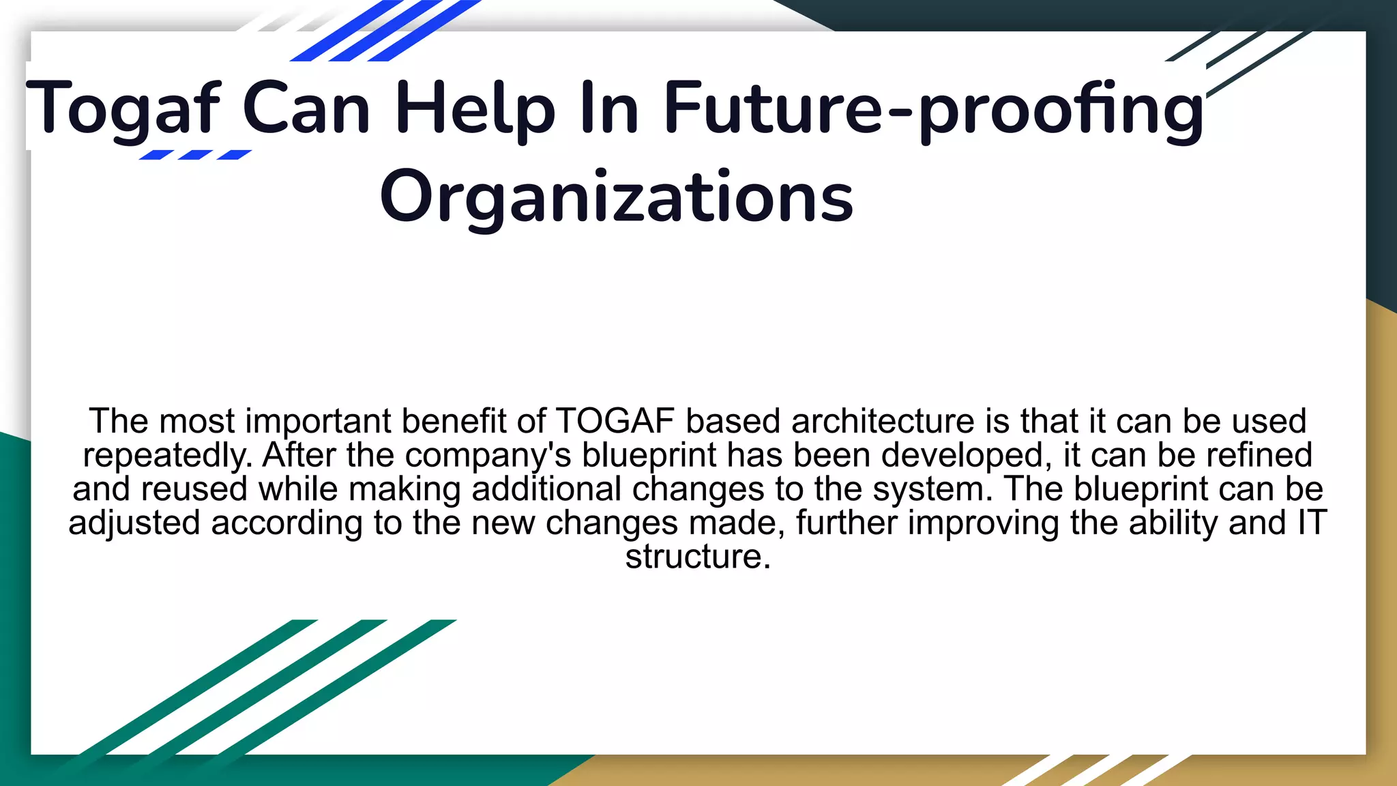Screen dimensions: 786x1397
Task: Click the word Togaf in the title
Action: tap(123, 109)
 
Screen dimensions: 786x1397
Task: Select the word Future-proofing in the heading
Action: tap(933, 109)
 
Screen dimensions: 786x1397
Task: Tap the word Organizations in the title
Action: tap(616, 198)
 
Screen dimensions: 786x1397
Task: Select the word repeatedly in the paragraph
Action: tap(167, 455)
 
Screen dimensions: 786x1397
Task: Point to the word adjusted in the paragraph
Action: tap(134, 523)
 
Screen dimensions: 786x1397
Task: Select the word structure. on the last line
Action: tap(698, 557)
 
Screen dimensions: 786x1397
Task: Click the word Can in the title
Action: tap(306, 109)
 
